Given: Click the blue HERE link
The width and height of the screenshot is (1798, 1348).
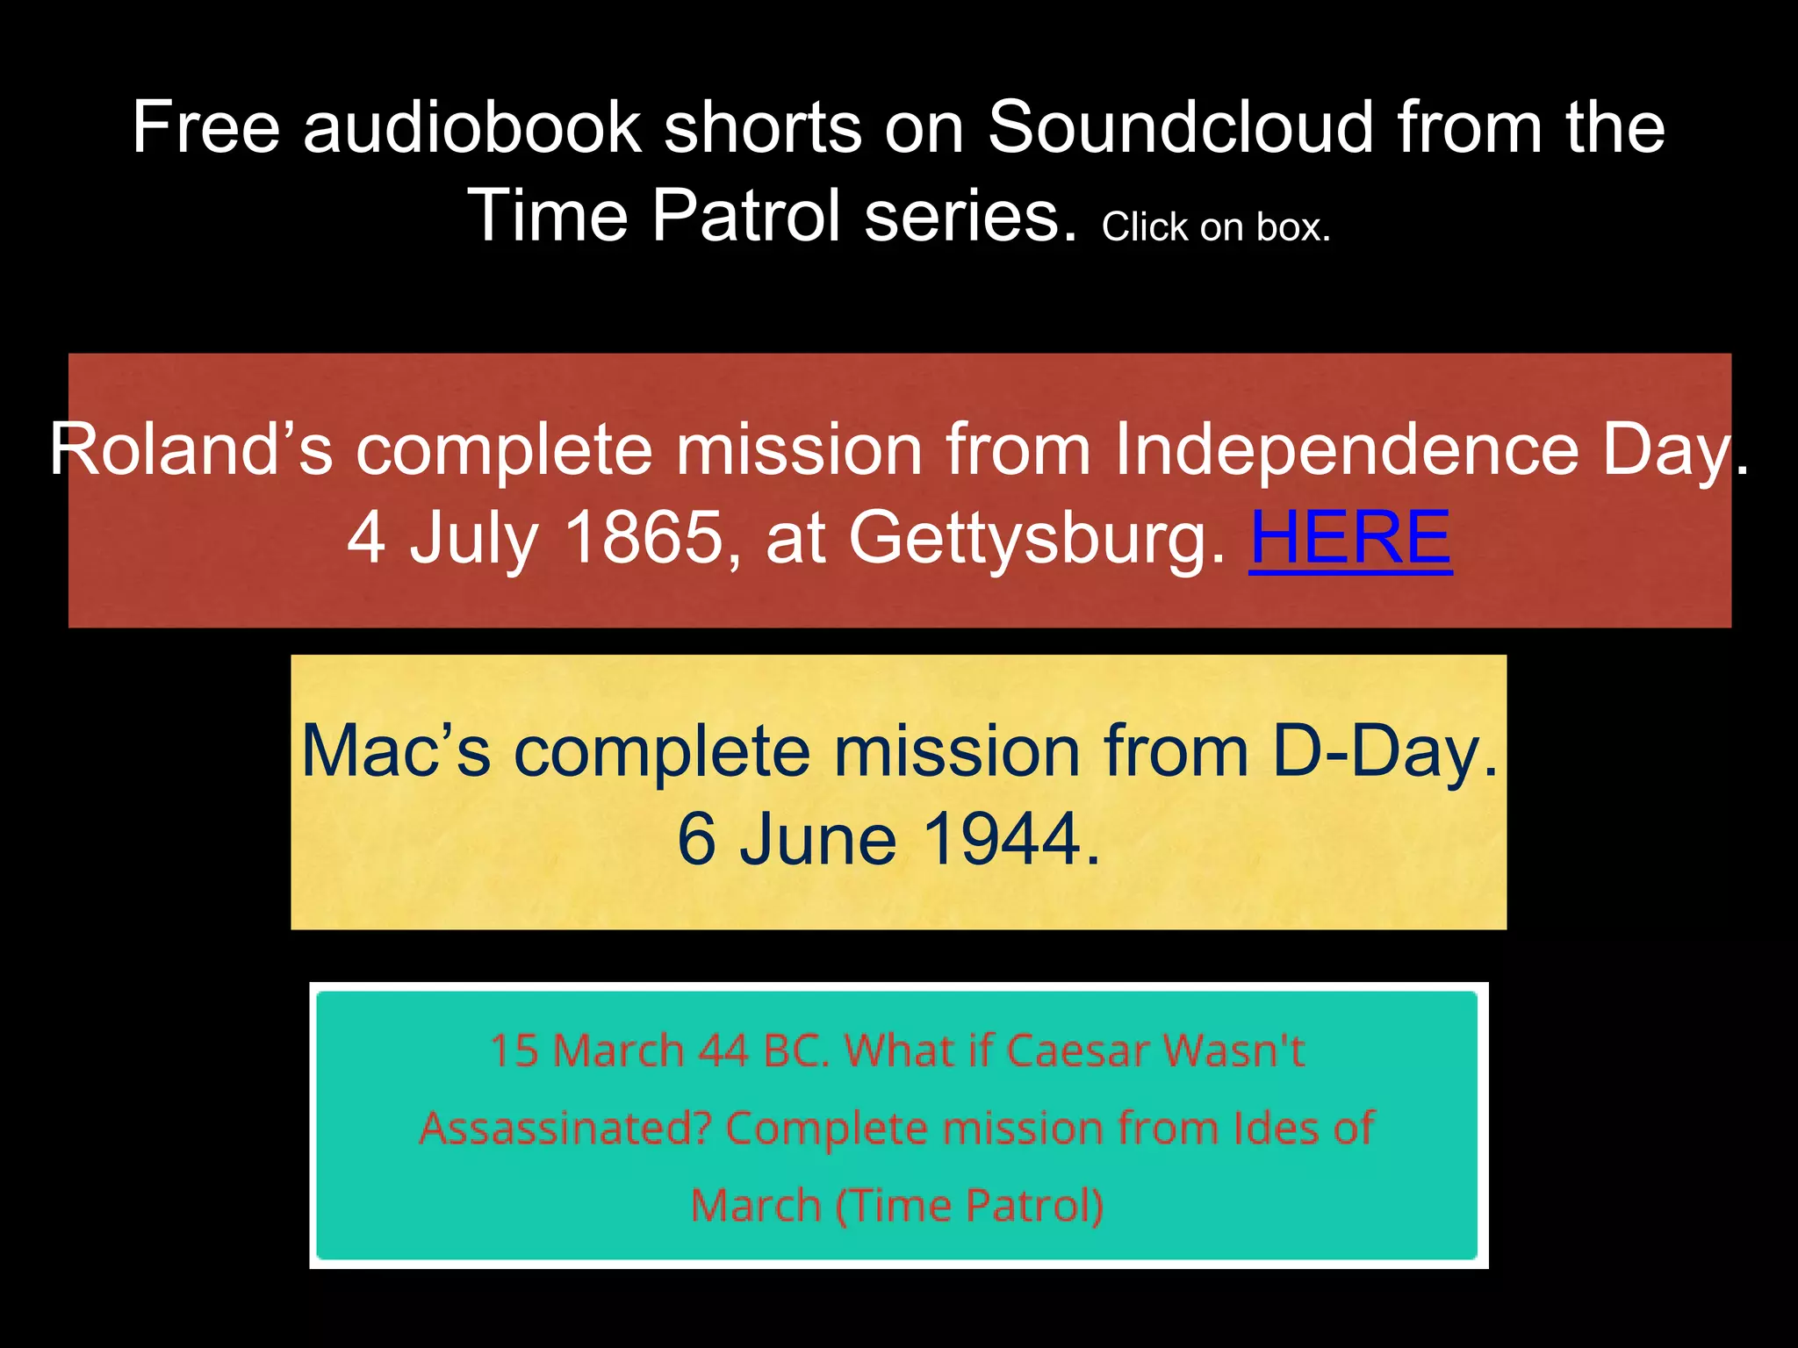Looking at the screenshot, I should click(1350, 537).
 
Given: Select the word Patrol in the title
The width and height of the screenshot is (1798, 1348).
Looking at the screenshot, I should click(746, 216).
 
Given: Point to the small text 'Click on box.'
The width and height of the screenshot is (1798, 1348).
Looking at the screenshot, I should click(1216, 227).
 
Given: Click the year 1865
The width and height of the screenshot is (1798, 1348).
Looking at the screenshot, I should click(644, 537).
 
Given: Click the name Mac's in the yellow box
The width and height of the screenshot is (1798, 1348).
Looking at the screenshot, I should click(396, 751).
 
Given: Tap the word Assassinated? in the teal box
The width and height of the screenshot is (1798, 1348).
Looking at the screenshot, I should click(565, 1128).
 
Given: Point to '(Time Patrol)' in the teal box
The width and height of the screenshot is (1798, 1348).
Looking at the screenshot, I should click(969, 1205).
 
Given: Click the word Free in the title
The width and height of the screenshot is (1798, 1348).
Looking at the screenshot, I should click(206, 127).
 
